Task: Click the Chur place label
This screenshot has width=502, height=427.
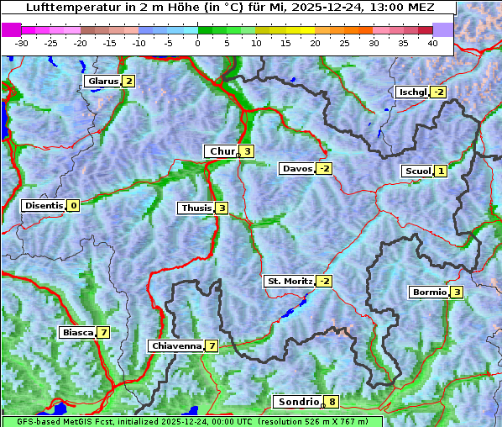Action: pos(222,151)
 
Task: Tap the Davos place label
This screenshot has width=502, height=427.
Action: pos(297,169)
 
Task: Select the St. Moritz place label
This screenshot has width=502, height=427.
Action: pos(289,281)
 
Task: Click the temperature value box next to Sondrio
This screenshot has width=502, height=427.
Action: pos(332,402)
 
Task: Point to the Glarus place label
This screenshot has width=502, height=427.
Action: pos(102,82)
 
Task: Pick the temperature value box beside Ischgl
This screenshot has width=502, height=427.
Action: pos(439,92)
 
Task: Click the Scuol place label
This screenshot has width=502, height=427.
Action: pos(417,171)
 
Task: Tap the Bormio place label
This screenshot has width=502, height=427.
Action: pos(429,293)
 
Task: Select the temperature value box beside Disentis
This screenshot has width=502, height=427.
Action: pos(74,205)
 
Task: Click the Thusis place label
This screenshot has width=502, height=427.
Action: pos(196,208)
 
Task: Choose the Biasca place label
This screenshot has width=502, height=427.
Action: pos(77,332)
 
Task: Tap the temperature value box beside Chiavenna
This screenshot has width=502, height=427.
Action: pos(212,345)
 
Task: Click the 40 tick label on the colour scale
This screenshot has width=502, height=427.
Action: pos(432,43)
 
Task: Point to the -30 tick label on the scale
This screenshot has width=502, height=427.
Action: pos(23,43)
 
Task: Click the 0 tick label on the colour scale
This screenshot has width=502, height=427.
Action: pos(197,43)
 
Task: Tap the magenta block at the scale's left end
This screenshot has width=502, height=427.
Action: pos(12,29)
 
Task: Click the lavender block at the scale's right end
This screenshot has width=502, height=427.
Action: pos(443,29)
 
